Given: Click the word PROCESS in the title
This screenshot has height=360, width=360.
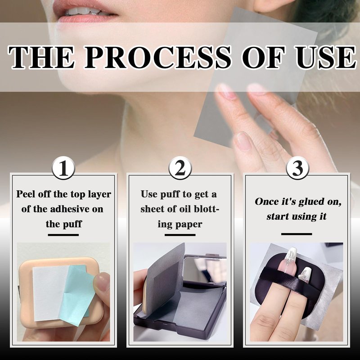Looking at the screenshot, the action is coord(158,58).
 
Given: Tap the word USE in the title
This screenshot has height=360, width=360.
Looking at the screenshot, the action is coord(326,58).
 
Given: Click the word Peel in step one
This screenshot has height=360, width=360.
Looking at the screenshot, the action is coord(26,194).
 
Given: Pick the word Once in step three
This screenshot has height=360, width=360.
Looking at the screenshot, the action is coord(266,201).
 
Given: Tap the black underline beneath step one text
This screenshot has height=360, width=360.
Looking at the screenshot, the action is coord(63,235).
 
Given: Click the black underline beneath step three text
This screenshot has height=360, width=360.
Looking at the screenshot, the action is coord(297,234).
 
